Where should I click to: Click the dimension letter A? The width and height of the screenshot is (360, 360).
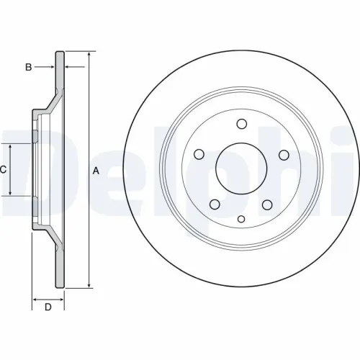tap(94, 171)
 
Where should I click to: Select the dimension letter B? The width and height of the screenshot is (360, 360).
tap(29, 67)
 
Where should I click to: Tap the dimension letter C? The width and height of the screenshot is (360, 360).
tap(4, 170)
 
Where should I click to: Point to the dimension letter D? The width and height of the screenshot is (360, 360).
tap(48, 308)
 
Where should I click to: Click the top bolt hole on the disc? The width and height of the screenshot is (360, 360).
tap(241, 122)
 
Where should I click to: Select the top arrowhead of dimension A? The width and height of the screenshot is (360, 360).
tap(88, 55)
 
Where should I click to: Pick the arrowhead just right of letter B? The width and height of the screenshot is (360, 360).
tap(52, 67)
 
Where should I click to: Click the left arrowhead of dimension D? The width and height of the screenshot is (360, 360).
tap(35, 297)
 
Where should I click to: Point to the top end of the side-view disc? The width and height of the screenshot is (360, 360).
tap(60, 53)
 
